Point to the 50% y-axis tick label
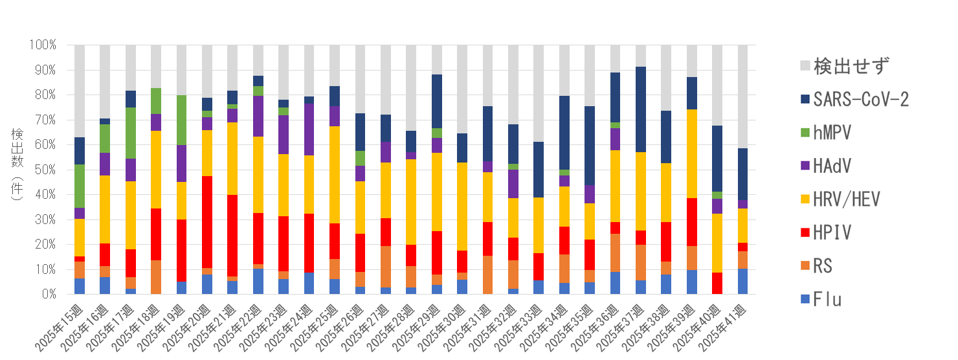coord(43,170)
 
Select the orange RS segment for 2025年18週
coord(156,277)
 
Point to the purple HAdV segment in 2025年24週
coord(309,129)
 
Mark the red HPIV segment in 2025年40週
coord(717,283)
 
